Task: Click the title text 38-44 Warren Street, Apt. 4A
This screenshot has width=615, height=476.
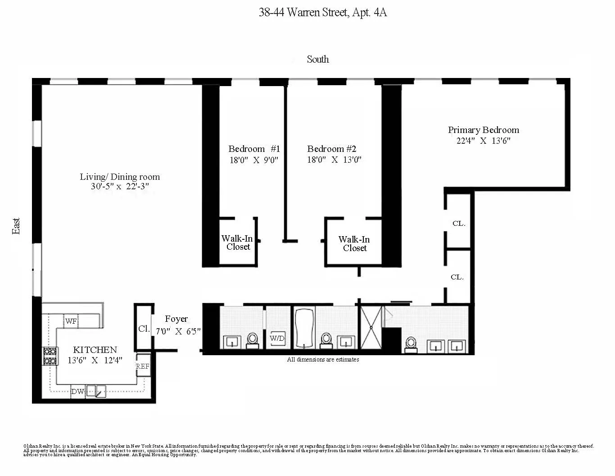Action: (x=322, y=12)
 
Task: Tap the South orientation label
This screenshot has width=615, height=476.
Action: (x=317, y=59)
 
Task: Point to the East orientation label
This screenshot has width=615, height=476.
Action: (x=16, y=226)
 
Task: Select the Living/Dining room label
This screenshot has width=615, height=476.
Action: (x=120, y=177)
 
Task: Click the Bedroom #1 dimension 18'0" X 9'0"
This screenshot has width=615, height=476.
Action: (x=254, y=160)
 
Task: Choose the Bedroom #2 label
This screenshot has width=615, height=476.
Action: (x=332, y=149)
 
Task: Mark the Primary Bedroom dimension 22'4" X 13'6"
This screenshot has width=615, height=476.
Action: (x=483, y=141)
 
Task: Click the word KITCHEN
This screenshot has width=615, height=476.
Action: (x=95, y=350)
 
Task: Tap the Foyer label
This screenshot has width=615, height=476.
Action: (x=176, y=319)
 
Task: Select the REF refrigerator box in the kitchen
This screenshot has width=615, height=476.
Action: (x=143, y=366)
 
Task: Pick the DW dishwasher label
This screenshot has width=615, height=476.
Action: (x=77, y=391)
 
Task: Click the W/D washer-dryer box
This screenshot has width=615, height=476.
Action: (x=277, y=338)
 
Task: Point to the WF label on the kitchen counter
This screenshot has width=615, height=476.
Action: (x=71, y=321)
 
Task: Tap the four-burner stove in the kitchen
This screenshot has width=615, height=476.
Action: (x=50, y=356)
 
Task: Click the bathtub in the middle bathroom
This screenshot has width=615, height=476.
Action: (x=304, y=328)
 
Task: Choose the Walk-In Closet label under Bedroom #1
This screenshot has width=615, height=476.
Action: (x=238, y=243)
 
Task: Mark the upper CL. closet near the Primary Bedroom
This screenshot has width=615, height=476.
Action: (x=458, y=223)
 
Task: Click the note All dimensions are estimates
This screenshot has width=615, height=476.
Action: (x=323, y=359)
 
